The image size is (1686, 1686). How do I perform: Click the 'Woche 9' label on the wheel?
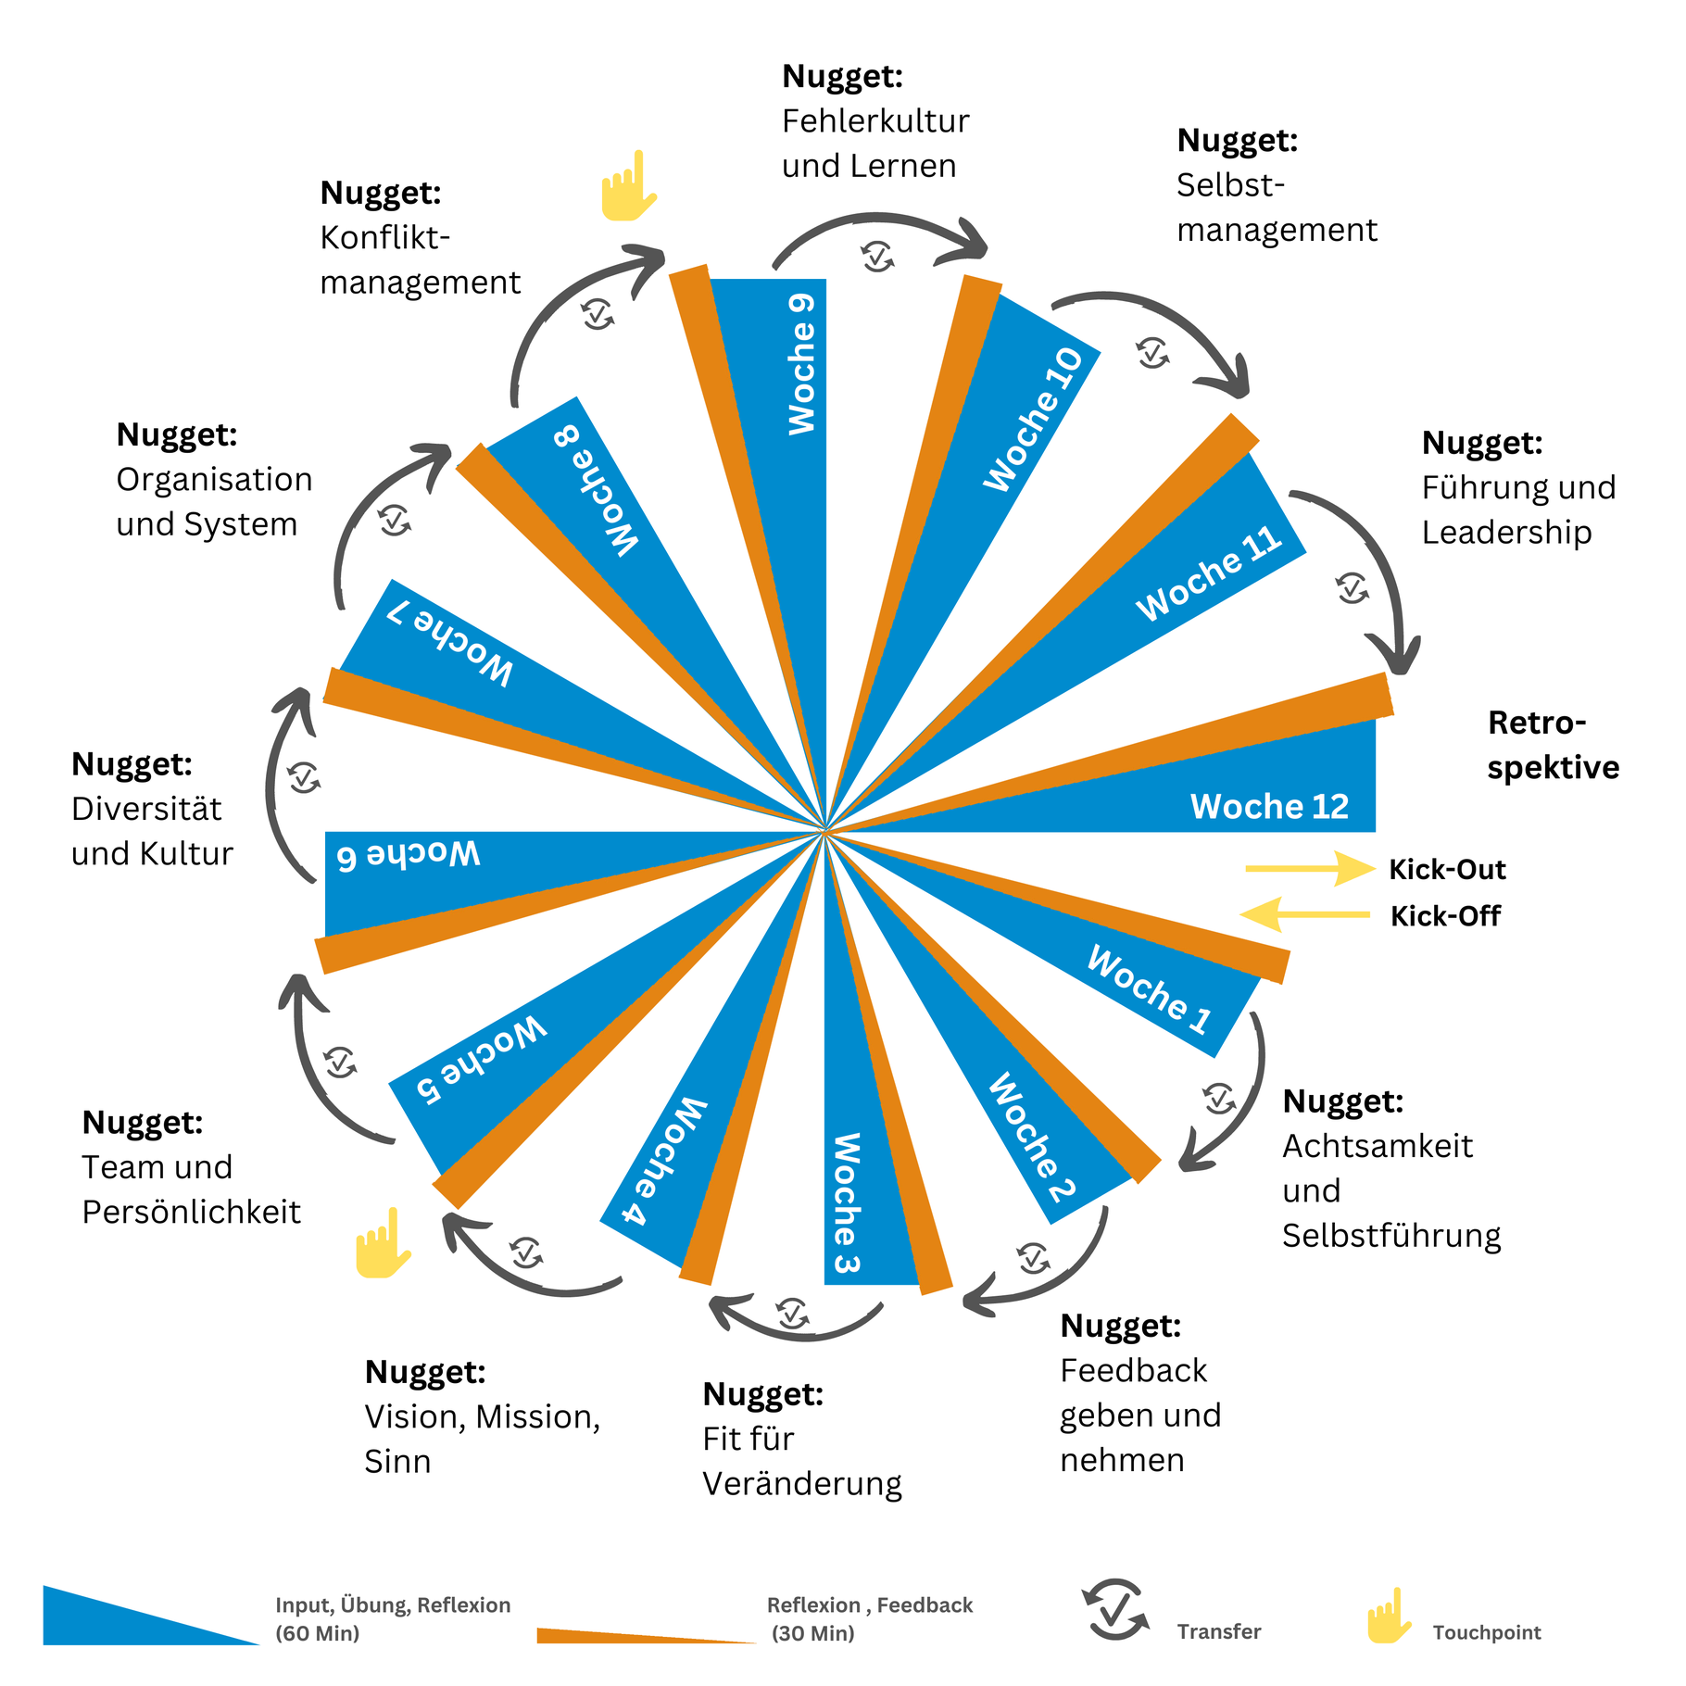(x=801, y=364)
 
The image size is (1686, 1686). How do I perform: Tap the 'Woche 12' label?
(x=1269, y=806)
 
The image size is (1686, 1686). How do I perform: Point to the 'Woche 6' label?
(x=408, y=854)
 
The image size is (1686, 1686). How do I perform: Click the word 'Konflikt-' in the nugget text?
(x=385, y=238)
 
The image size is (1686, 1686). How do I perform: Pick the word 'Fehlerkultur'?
(x=875, y=121)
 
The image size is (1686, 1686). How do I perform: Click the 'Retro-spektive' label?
(x=1554, y=745)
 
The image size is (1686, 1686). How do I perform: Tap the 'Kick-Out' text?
(x=1447, y=870)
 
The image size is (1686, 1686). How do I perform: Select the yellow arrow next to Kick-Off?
(x=1304, y=914)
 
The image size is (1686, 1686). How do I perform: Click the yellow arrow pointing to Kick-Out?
(x=1311, y=868)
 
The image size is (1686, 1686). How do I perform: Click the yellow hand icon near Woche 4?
(x=383, y=1242)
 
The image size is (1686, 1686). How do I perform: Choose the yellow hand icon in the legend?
(x=1389, y=1616)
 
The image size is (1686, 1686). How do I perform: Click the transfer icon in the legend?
(x=1115, y=1610)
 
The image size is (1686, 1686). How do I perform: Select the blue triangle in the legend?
(x=151, y=1616)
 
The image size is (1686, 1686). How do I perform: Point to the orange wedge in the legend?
(x=647, y=1636)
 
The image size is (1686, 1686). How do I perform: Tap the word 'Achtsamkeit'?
(x=1378, y=1146)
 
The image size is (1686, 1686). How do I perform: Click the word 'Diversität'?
(x=146, y=809)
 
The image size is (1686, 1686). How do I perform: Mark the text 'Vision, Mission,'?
(x=483, y=1416)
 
